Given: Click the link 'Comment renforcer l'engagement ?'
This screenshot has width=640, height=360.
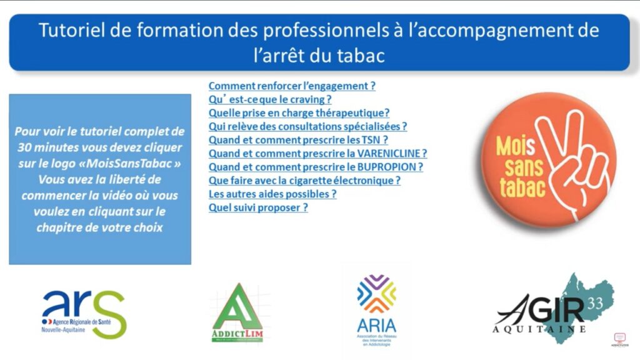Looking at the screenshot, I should pos(292,86).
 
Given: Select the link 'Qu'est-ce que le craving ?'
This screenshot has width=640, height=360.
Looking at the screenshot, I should pos(269,99).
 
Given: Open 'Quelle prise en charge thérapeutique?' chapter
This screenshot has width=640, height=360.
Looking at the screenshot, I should pos(299,112).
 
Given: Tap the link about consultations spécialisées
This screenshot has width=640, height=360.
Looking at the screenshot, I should pos(307,126).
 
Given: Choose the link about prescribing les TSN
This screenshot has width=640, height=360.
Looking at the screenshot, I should pos(298,139).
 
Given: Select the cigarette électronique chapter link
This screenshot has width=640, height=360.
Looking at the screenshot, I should pos(304,181).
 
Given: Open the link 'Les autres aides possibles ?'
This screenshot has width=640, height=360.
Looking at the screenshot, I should pos(272,194).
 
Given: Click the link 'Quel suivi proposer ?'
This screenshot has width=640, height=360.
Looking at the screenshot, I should pos(258,207).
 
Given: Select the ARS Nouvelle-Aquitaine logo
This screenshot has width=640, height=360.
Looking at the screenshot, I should pos(84,313).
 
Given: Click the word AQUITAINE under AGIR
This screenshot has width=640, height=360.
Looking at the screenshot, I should pos(539,329).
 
